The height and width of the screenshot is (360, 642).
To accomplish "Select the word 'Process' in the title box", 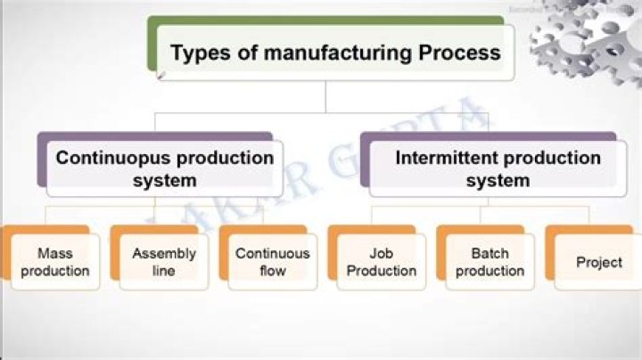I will click(459, 53).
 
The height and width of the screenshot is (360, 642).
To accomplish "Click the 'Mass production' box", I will click(54, 262).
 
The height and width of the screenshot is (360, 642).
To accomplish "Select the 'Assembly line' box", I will click(164, 262).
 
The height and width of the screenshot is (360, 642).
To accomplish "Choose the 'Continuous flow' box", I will click(272, 262).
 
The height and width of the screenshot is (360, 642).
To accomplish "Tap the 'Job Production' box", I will click(382, 262).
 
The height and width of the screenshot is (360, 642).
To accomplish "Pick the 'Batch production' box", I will click(490, 262).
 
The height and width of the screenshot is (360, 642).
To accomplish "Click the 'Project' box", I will click(598, 263).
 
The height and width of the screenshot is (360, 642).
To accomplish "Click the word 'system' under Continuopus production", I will click(164, 180).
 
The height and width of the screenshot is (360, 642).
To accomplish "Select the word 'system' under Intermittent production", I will click(498, 180).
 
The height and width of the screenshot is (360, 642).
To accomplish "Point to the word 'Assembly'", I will click(164, 253).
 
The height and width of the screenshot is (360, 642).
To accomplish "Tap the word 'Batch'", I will click(490, 253).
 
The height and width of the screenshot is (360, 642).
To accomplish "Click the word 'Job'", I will click(382, 253).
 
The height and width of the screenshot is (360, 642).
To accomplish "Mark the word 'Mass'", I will click(54, 253).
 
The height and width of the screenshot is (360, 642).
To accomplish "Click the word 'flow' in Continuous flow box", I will click(272, 271).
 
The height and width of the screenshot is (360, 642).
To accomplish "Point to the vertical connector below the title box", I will click(325, 96).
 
